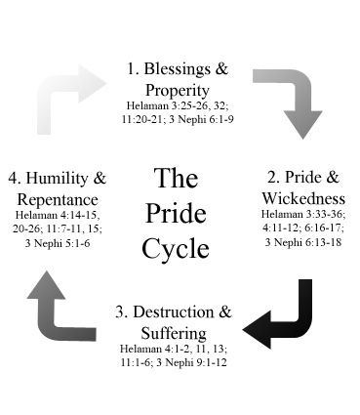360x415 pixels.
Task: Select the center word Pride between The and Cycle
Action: pyautogui.click(x=176, y=215)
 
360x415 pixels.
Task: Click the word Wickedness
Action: pyautogui.click(x=304, y=197)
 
